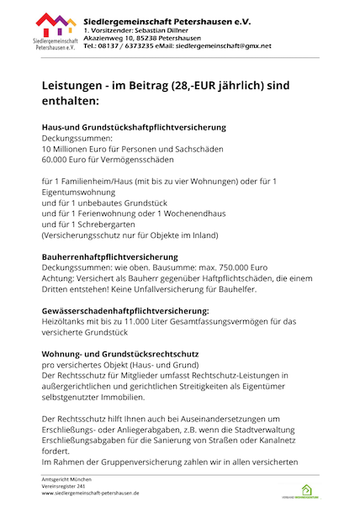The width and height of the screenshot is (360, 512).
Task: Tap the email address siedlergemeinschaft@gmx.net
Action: point(218,46)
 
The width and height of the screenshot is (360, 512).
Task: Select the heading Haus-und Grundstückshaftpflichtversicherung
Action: point(134,127)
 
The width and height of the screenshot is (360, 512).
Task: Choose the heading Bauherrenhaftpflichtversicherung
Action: point(110,256)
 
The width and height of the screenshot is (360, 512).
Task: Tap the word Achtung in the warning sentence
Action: point(59,277)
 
